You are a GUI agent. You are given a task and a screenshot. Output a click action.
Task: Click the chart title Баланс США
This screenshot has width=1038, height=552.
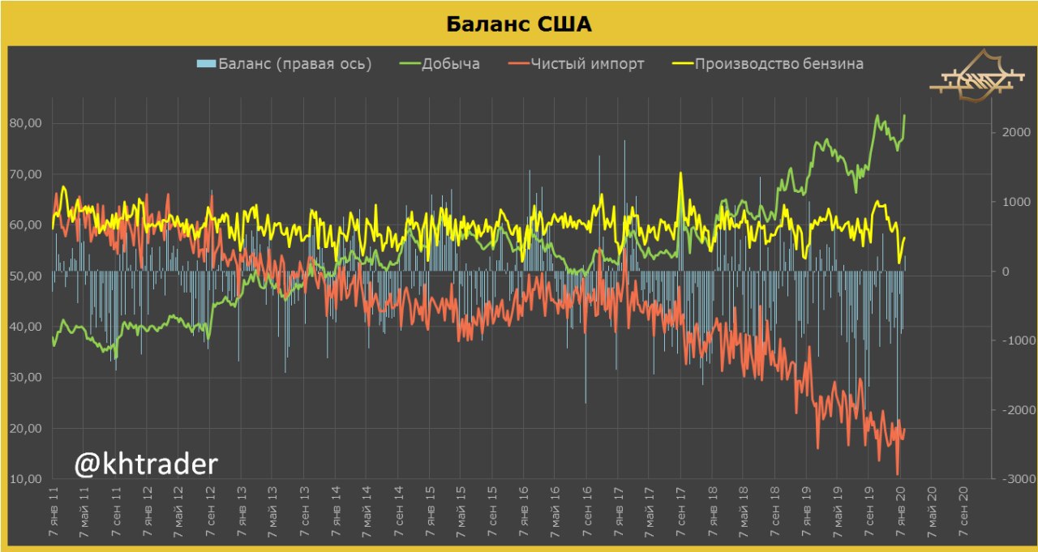point(519,24)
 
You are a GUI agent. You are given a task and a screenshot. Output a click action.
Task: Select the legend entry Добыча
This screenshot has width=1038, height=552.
point(450,64)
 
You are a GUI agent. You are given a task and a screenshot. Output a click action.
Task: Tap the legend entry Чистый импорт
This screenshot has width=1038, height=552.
point(587,64)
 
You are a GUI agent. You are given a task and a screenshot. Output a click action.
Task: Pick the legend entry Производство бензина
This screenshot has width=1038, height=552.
point(778,64)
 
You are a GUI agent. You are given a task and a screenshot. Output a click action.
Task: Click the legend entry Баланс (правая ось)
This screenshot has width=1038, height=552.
point(294,64)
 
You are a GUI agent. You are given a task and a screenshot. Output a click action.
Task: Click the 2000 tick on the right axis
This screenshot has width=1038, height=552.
point(1014,132)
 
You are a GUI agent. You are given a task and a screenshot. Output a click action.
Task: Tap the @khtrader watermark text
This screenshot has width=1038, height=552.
point(146,464)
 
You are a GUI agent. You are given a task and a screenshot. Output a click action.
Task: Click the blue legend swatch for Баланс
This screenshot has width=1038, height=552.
point(206,64)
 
